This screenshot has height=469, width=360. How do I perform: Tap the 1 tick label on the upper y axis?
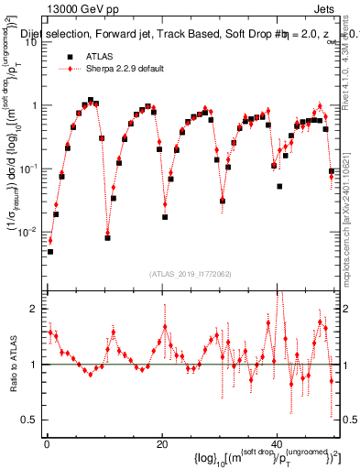[x=36, y=105]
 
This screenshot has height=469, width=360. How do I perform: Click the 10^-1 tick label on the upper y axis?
[x=31, y=168]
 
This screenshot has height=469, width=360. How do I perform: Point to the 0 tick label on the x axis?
[x=47, y=442]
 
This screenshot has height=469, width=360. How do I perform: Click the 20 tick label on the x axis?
[x=161, y=442]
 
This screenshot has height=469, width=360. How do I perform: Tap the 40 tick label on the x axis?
[x=276, y=442]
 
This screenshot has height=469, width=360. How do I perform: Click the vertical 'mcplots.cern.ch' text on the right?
[x=350, y=220]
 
